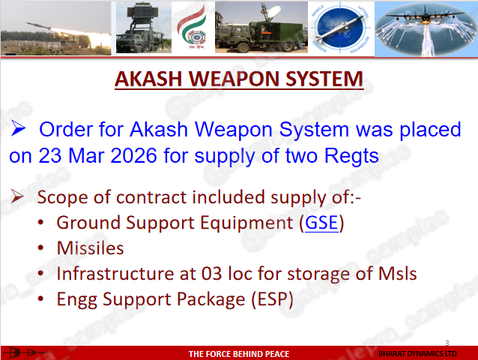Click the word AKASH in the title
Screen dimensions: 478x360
tap(148, 79)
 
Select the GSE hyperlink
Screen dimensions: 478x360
tap(321, 223)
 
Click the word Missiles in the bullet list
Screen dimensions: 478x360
tap(90, 247)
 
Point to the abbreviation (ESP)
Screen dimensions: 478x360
tap(272, 299)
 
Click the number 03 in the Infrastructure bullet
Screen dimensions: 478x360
tap(211, 273)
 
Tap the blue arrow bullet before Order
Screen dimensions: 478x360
tap(18, 127)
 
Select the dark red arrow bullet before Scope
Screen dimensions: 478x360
tap(17, 196)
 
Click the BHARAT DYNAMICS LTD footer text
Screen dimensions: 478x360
tap(417, 354)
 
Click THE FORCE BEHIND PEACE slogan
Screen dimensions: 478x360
tap(239, 354)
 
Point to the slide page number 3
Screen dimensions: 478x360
tap(447, 343)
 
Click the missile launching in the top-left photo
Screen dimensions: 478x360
tap(38, 26)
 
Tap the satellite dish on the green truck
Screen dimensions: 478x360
tap(270, 12)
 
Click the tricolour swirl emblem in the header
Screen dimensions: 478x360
tap(193, 28)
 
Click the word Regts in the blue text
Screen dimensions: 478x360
tap(351, 156)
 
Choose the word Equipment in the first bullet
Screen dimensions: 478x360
tap(246, 223)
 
